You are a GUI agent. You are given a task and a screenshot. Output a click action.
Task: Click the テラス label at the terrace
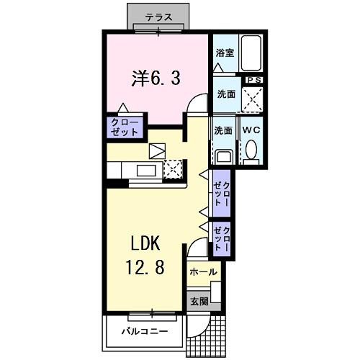point(157,17)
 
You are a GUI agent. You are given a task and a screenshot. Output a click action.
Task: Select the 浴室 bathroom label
point(225,53)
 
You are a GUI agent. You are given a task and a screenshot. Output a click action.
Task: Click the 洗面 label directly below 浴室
point(225,94)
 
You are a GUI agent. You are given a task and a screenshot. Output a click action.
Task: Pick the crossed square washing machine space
point(252,99)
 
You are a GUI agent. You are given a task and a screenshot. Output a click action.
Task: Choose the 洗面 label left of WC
point(222,130)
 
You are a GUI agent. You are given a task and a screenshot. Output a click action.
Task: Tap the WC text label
point(251,130)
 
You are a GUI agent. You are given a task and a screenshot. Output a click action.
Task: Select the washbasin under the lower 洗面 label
point(223,156)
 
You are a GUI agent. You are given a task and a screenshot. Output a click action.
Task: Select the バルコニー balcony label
point(144,332)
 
